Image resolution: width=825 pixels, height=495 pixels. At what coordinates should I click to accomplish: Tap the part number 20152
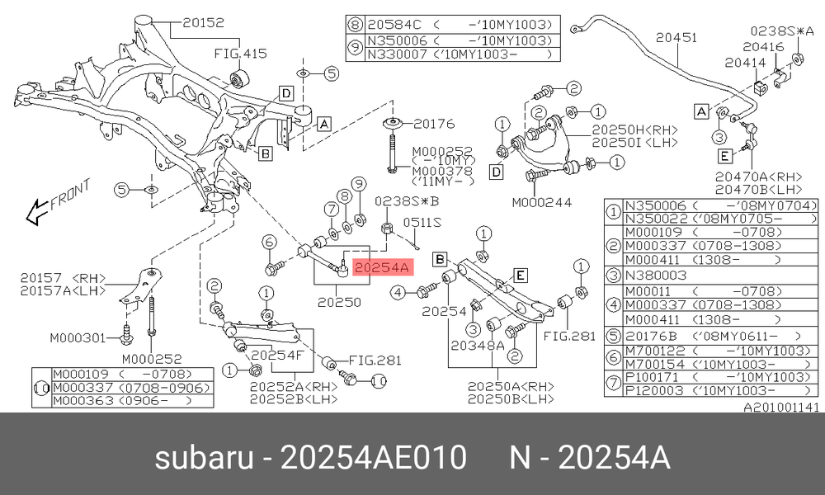pos(204,22)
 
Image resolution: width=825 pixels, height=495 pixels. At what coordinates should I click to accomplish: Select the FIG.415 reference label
pos(240,53)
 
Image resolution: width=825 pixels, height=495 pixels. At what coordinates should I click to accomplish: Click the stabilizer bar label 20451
pos(676,37)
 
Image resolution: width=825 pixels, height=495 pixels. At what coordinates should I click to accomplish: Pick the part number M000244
pos(542,202)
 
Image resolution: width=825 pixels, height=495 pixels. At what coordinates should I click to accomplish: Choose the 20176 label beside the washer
pos(434,124)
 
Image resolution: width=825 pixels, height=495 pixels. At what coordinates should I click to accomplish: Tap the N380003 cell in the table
pos(655,275)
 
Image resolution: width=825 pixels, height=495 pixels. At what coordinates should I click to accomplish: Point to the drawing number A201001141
pos(781,407)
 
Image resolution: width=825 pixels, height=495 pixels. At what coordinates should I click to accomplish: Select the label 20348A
pos(478,345)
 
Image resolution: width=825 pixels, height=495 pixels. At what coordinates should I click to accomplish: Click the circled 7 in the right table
pos(614,383)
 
